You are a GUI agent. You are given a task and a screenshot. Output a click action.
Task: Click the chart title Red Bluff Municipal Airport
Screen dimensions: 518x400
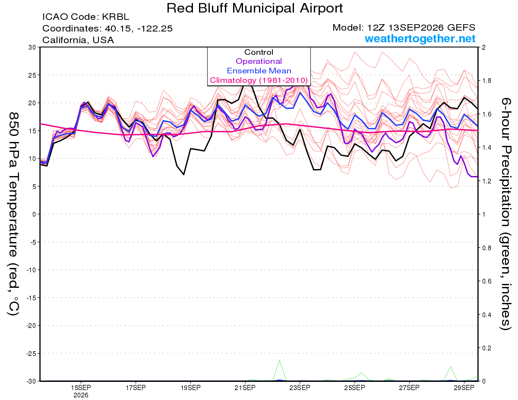(x=255, y=8)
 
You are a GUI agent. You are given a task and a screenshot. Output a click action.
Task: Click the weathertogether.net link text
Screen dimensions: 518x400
(x=420, y=39)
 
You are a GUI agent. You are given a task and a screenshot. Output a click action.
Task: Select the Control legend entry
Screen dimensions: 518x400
(x=259, y=52)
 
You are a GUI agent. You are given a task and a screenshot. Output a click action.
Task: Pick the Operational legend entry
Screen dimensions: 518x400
(x=259, y=61)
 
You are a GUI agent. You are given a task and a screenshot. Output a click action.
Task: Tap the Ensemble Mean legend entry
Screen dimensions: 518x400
(x=259, y=71)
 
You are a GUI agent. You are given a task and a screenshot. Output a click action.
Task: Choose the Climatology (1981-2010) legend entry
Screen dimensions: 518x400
(x=259, y=80)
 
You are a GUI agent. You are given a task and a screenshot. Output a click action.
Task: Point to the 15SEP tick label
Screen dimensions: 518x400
(x=81, y=388)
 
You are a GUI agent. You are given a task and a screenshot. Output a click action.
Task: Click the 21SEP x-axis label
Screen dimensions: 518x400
(x=245, y=388)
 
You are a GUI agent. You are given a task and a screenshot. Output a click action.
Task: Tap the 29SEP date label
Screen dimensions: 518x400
(x=464, y=388)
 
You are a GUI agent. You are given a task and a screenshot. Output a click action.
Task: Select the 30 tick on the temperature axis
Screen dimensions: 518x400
(x=32, y=47)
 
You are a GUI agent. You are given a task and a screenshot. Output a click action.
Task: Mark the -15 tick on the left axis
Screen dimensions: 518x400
(x=31, y=298)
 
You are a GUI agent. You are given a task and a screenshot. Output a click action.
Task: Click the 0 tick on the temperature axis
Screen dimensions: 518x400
(x=34, y=214)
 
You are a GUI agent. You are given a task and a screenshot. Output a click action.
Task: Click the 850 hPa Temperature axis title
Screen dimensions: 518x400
(x=13, y=214)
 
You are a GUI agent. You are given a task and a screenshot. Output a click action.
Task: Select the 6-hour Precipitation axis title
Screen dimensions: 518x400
(x=505, y=214)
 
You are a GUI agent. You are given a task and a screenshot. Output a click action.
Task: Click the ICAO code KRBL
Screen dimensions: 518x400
(x=115, y=17)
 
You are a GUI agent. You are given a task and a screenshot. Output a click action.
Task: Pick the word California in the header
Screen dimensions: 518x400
(x=65, y=40)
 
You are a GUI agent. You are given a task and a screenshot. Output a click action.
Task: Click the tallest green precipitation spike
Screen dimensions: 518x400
(x=279, y=360)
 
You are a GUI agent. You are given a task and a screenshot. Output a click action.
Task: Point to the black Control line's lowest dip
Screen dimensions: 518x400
(x=184, y=175)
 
